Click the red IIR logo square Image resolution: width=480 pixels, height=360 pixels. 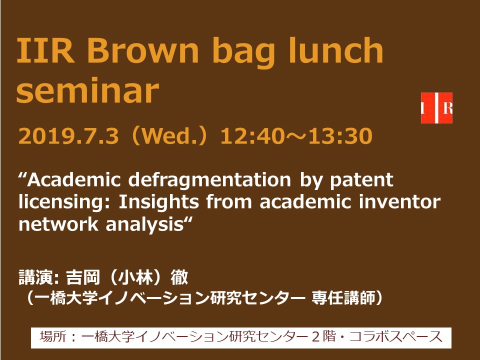pos(436,108)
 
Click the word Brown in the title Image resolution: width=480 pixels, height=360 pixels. pos(142,49)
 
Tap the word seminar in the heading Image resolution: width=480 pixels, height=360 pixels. pos(87,90)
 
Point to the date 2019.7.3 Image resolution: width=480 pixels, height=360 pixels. pos(68,136)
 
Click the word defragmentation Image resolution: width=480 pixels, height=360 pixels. pos(209,180)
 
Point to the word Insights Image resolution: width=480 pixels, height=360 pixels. pos(159,202)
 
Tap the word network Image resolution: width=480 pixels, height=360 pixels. pos(58,224)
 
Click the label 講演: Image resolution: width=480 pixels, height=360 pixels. pos(40,277)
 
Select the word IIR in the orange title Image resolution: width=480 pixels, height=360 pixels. pos(45,49)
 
